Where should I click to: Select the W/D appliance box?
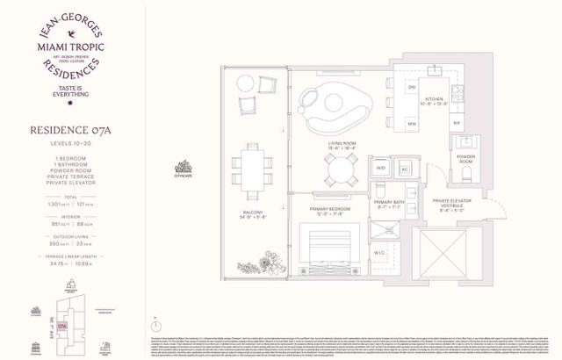point(381,167)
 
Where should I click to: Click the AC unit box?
point(405,167)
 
